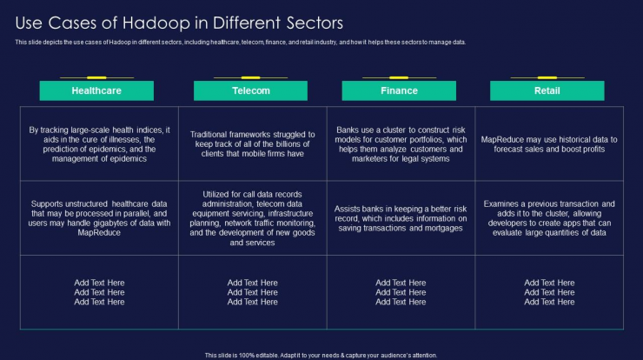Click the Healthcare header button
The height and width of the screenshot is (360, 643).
pyautogui.click(x=96, y=90)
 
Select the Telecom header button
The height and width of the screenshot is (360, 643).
pyautogui.click(x=250, y=90)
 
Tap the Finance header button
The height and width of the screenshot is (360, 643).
pyautogui.click(x=399, y=90)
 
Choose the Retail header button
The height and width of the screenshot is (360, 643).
pyautogui.click(x=547, y=90)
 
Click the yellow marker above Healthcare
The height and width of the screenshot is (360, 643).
pyautogui.click(x=96, y=77)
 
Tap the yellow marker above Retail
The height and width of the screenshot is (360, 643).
pyautogui.click(x=547, y=77)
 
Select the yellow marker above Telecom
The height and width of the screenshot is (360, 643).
pyautogui.click(x=250, y=77)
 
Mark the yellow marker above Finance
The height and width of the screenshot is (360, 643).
pyautogui.click(x=399, y=77)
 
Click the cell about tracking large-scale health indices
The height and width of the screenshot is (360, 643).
pyautogui.click(x=99, y=144)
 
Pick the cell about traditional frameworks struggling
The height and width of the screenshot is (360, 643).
pyautogui.click(x=253, y=144)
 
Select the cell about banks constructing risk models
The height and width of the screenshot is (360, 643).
pyautogui.click(x=401, y=144)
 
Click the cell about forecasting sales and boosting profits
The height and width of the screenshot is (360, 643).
pyautogui.click(x=549, y=144)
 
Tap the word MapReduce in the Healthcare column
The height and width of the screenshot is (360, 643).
pyautogui.click(x=99, y=233)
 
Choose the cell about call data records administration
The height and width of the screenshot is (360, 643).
pyautogui.click(x=253, y=218)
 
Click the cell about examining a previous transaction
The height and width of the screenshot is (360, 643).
pyautogui.click(x=549, y=218)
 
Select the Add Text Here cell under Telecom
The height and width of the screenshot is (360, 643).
pyautogui.click(x=253, y=292)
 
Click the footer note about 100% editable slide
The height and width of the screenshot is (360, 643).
pyautogui.click(x=321, y=356)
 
